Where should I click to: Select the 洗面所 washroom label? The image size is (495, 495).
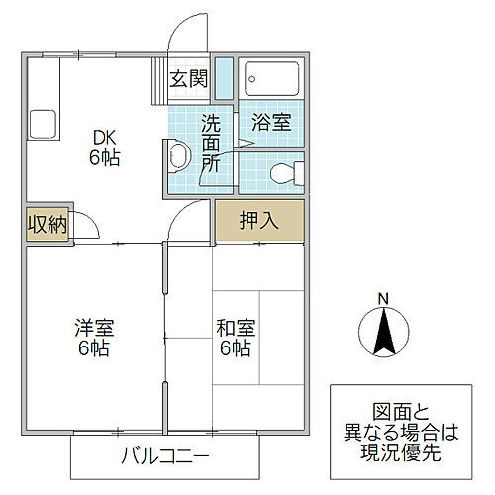(x=212, y=144)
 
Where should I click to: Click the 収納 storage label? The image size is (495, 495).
(x=47, y=225)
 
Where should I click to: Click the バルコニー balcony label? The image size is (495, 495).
(x=165, y=457)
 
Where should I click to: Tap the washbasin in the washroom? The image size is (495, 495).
(x=178, y=156)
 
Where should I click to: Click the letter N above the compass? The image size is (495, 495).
(x=382, y=298)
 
